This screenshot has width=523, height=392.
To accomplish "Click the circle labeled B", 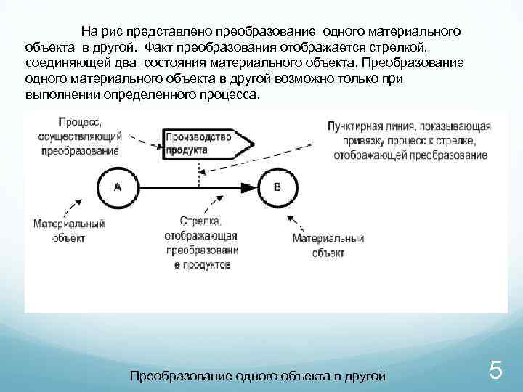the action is tap(277, 187).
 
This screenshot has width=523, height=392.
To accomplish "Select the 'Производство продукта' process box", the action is tap(207, 143).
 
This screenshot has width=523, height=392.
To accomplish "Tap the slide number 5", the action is tap(496, 372).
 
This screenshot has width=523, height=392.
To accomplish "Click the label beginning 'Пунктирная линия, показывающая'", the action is tap(409, 140).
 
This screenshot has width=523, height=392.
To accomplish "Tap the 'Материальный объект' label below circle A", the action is tap(70, 231).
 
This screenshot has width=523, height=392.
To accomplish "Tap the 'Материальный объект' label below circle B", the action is tap(328, 245).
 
